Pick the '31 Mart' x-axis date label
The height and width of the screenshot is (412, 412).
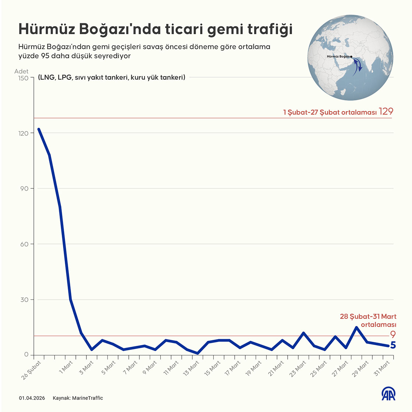383,368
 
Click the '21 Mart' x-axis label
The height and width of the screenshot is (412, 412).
277,368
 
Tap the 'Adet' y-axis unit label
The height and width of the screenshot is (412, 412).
21,71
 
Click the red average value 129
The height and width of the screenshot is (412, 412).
386,111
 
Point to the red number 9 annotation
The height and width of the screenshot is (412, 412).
393,335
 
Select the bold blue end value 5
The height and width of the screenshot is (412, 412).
393,345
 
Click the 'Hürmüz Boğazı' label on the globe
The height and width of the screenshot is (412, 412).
338,56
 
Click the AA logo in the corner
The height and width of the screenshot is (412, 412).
388,394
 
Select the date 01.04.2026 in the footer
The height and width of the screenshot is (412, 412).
32,398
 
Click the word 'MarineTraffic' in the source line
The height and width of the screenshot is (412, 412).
88,398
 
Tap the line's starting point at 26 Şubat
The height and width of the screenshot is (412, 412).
39,129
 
